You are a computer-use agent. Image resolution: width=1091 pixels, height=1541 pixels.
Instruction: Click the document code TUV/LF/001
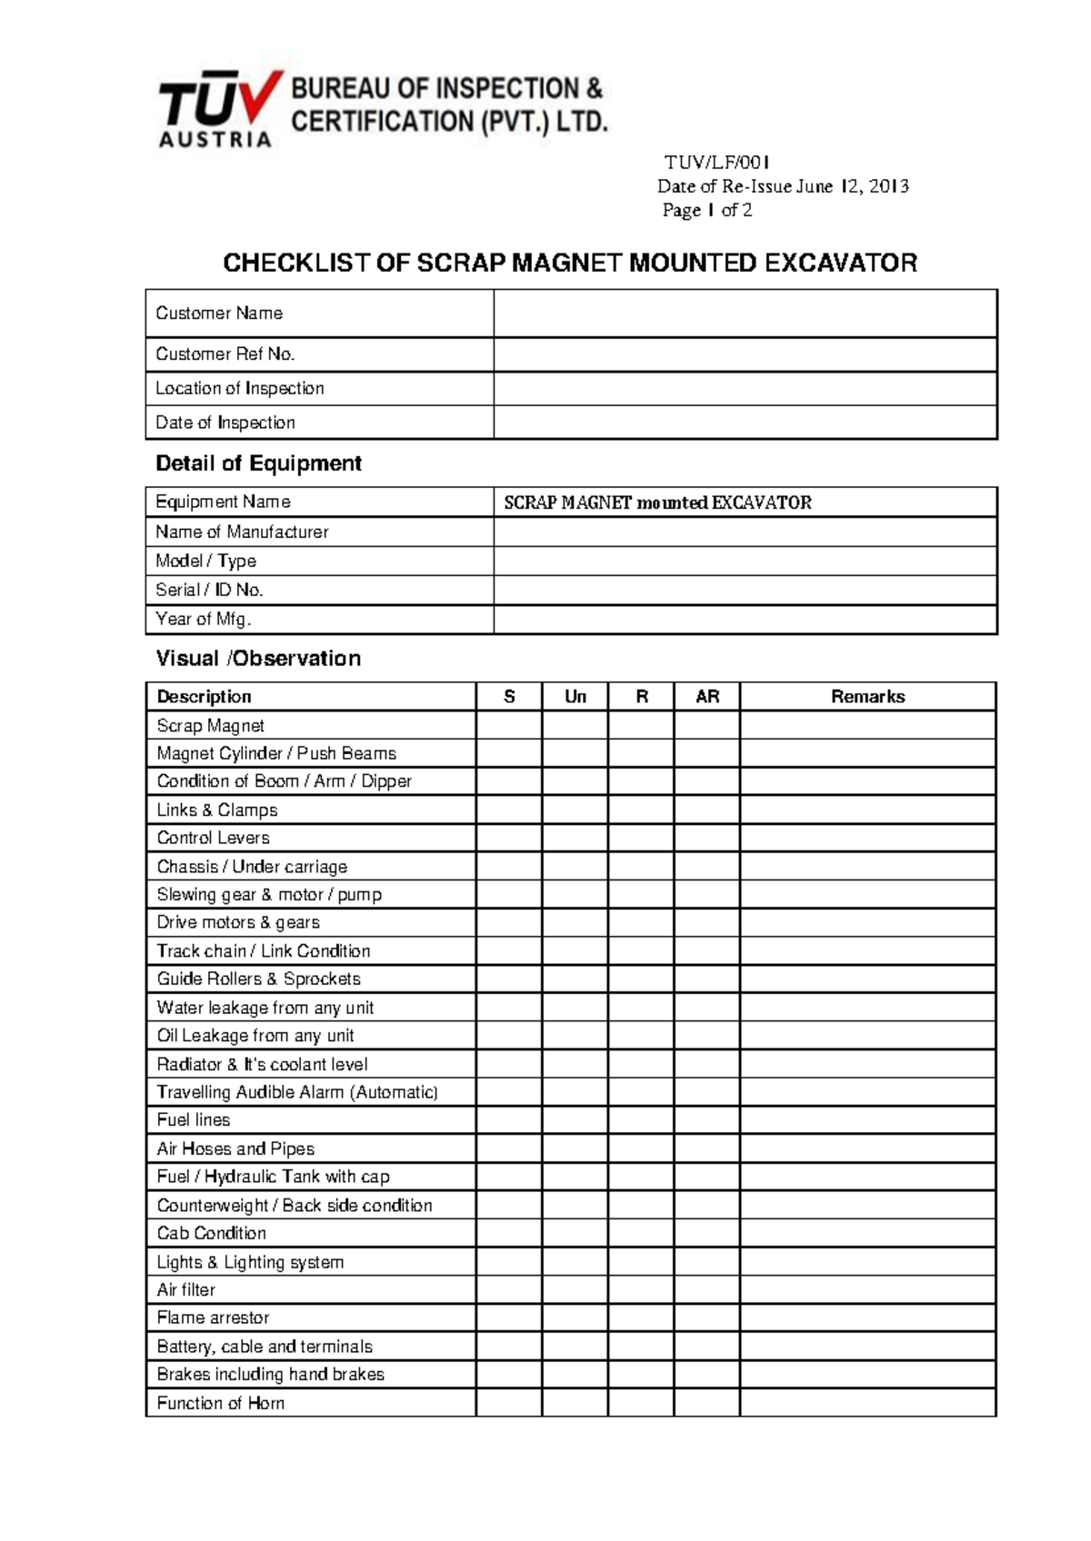(x=716, y=163)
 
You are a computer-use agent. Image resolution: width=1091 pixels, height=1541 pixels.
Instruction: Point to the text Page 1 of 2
(x=706, y=211)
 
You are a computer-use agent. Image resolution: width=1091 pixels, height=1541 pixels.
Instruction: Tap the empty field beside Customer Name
(x=745, y=313)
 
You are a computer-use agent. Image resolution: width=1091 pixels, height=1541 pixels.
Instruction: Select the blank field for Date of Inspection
(x=745, y=423)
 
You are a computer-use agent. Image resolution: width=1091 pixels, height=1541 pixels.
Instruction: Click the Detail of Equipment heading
(x=258, y=463)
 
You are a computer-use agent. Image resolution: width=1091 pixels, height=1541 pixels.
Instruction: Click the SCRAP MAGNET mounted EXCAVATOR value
(x=657, y=502)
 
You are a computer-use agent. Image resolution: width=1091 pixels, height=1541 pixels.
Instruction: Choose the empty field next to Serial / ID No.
(x=745, y=591)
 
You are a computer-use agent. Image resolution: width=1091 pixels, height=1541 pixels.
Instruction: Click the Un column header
(x=575, y=697)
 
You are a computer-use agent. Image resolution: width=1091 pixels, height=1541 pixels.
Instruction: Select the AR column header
(x=706, y=697)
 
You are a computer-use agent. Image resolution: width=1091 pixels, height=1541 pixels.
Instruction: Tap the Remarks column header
(x=867, y=697)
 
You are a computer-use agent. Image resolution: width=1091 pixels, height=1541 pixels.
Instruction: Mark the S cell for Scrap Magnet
(x=509, y=726)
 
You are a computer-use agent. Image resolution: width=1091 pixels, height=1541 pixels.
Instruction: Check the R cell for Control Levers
(x=641, y=838)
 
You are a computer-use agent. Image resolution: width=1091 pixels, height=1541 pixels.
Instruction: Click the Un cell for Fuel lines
(x=575, y=1120)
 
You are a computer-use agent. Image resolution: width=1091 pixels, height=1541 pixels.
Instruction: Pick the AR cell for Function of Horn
(x=706, y=1403)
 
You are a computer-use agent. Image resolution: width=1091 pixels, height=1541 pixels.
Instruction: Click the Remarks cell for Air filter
(x=867, y=1290)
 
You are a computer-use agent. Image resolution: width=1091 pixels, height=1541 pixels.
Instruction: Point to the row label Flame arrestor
(x=213, y=1317)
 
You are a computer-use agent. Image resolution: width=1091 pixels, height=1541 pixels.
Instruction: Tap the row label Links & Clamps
(x=217, y=810)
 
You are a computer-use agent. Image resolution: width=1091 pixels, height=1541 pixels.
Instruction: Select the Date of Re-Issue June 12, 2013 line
(x=783, y=187)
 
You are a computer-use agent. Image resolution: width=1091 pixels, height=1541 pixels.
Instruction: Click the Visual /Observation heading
(x=258, y=659)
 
